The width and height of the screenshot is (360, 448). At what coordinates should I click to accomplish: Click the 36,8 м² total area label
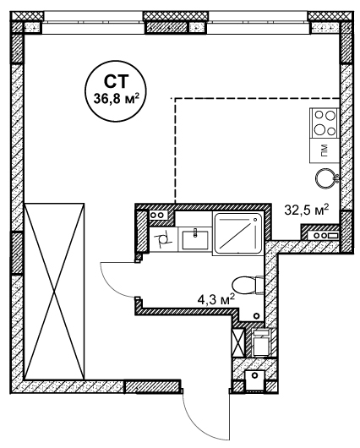click(116, 99)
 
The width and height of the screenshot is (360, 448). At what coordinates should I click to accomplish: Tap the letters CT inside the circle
click(116, 82)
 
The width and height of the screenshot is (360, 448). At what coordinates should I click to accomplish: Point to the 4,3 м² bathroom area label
click(215, 300)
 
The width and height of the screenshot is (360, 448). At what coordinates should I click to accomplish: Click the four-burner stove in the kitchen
click(325, 123)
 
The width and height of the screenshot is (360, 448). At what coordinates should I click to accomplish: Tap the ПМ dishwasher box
click(325, 150)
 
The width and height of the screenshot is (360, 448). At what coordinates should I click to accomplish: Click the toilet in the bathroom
click(248, 285)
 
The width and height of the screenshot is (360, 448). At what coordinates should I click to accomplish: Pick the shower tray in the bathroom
click(237, 233)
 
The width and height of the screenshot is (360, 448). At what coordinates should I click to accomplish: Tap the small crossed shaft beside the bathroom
click(238, 342)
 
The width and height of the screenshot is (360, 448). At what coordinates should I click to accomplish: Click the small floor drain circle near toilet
click(257, 316)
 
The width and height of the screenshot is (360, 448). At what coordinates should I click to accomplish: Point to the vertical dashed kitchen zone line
click(175, 150)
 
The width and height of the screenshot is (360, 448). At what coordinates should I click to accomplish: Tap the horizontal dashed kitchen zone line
click(256, 98)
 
